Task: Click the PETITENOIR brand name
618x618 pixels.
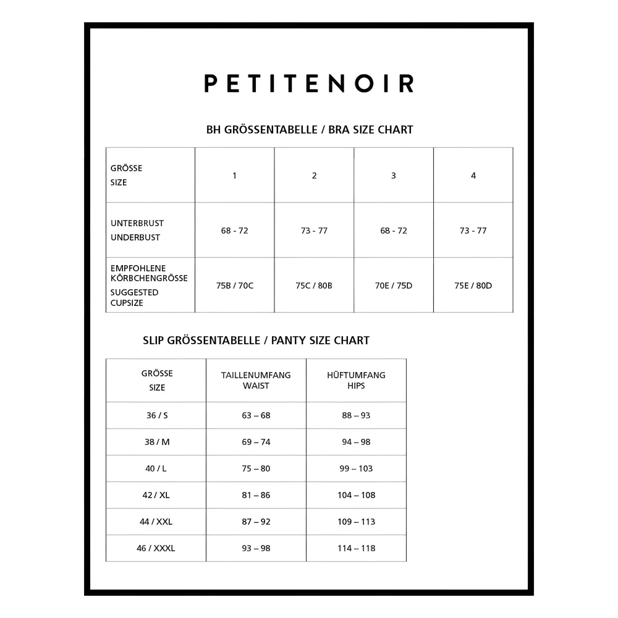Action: (309, 83)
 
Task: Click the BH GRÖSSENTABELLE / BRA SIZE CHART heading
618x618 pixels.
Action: (309, 130)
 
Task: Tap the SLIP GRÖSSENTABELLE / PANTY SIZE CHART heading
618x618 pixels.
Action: (256, 341)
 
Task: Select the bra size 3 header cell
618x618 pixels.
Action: (394, 176)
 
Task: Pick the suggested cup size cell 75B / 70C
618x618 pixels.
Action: (235, 286)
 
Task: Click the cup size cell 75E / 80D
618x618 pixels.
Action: (473, 286)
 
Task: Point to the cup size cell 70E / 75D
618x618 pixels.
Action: (394, 286)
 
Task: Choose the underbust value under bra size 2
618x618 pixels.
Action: (314, 231)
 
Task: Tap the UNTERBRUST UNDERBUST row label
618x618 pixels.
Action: (137, 230)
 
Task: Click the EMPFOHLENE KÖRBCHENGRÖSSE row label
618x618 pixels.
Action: (148, 273)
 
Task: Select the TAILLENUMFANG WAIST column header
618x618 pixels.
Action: (256, 380)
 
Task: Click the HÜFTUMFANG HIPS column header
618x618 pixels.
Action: (356, 380)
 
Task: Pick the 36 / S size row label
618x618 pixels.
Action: (157, 415)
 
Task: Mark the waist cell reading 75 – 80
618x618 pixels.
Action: (256, 468)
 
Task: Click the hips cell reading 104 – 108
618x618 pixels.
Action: (357, 495)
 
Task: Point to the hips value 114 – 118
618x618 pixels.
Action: (357, 548)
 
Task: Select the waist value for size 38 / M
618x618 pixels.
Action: (256, 442)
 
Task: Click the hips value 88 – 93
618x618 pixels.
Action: (356, 415)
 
